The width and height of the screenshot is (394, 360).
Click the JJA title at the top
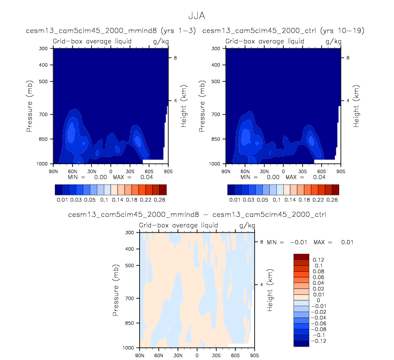(196, 16)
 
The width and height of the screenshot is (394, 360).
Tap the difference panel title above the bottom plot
(198, 215)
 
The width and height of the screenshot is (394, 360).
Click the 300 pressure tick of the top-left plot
(44, 48)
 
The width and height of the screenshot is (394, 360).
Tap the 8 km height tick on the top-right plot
(348, 57)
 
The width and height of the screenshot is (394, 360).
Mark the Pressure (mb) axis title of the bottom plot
(117, 289)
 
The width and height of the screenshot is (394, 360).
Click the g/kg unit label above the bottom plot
(247, 225)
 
